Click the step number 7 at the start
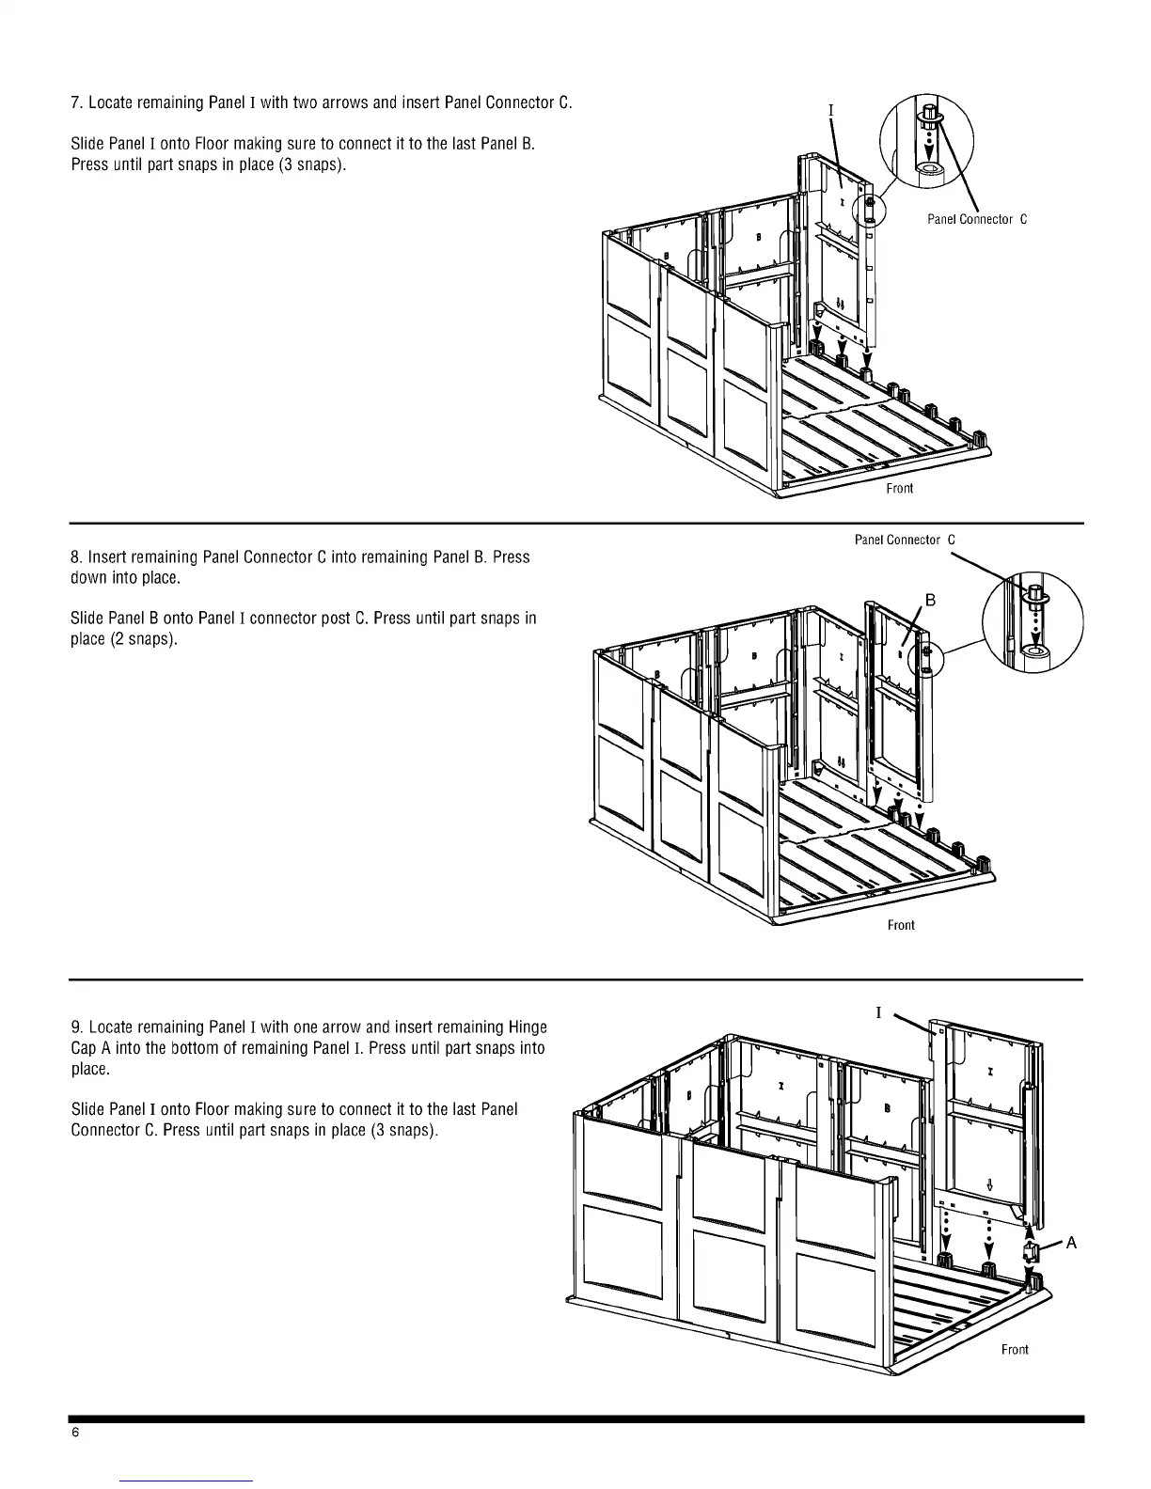pyautogui.click(x=75, y=102)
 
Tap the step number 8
pyautogui.click(x=75, y=557)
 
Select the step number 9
pyautogui.click(x=75, y=1027)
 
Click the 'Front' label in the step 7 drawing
pyautogui.click(x=899, y=489)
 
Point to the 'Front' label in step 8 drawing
pyautogui.click(x=900, y=926)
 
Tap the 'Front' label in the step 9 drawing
pyautogui.click(x=1015, y=1350)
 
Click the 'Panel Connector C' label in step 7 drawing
pyautogui.click(x=976, y=219)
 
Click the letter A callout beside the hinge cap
pyautogui.click(x=1070, y=1244)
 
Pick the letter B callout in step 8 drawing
pyautogui.click(x=930, y=600)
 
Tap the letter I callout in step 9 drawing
pyautogui.click(x=878, y=1012)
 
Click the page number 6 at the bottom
pyautogui.click(x=75, y=1434)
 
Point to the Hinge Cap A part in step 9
pyautogui.click(x=1031, y=1251)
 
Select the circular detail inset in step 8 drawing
pyautogui.click(x=1033, y=621)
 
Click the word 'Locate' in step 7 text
pyautogui.click(x=114, y=102)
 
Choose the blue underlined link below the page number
pyautogui.click(x=187, y=1481)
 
